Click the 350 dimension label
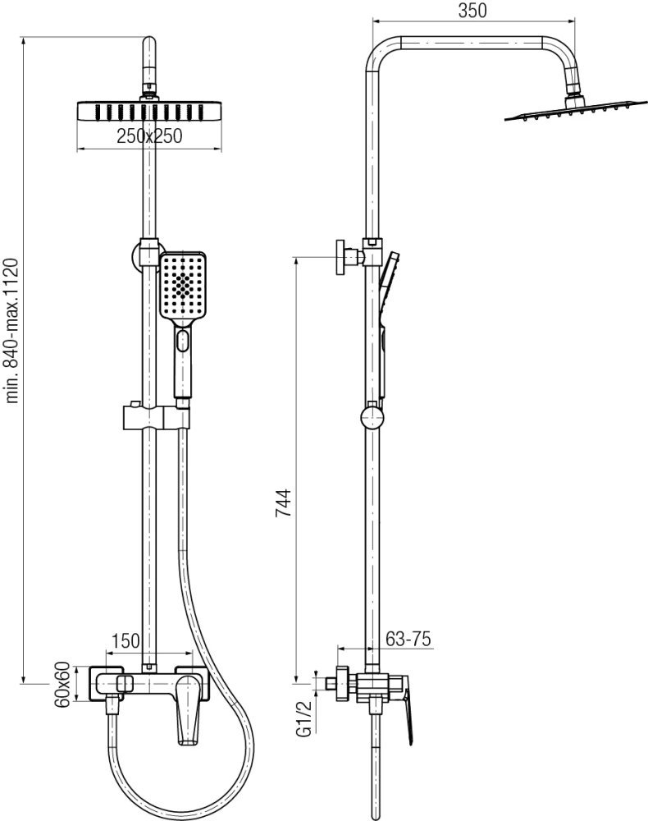point(472,10)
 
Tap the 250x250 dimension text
point(149,136)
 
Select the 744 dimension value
point(283,503)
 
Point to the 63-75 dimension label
point(408,639)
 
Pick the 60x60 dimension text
point(62,685)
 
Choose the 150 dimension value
point(126,640)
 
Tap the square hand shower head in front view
point(183,286)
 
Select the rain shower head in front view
point(149,112)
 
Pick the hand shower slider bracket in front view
point(157,415)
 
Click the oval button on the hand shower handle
point(183,341)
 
